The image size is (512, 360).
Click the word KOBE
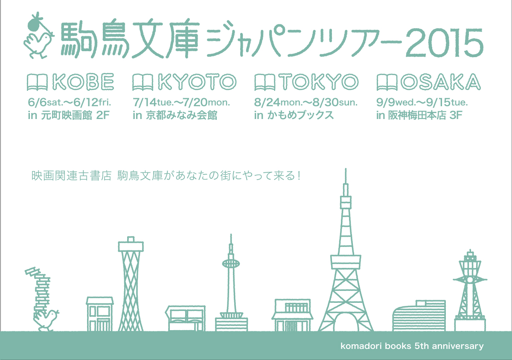(x=83, y=82)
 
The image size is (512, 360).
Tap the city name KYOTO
(x=198, y=82)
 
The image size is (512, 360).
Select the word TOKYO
(x=318, y=82)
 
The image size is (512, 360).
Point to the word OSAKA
(x=440, y=82)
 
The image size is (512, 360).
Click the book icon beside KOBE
(x=37, y=82)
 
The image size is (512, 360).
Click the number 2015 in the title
(x=444, y=43)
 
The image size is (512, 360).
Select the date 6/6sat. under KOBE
(x=46, y=102)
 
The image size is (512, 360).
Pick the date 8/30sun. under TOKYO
(x=335, y=102)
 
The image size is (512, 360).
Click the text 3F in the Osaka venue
(x=456, y=116)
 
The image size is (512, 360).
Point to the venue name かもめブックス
(x=300, y=115)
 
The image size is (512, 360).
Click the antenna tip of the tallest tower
(x=346, y=169)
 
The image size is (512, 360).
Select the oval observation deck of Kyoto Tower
(x=231, y=264)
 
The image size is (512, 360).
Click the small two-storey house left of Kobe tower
(x=100, y=314)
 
